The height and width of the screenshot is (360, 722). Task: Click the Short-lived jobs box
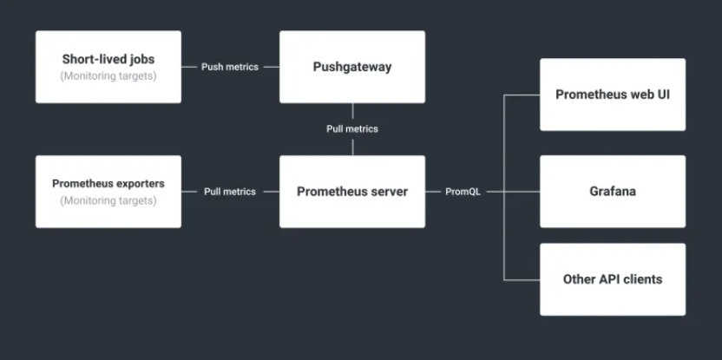108,67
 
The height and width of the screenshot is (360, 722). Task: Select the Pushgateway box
351,67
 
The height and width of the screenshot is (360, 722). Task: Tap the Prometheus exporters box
108,192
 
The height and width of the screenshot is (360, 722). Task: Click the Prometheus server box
351,192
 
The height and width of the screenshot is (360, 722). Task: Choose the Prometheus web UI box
613,95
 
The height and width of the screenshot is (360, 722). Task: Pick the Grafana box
613,192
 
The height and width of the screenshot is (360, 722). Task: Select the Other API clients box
613,279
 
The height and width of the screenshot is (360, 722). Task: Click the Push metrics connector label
230,67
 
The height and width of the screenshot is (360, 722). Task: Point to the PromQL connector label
463,192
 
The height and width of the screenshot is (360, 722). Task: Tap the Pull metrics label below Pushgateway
352,129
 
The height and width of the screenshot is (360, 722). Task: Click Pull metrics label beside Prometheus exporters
230,192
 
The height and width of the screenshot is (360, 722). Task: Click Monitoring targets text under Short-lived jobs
108,76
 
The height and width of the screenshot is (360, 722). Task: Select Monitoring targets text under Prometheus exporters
108,201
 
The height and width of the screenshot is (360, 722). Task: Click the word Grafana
613,192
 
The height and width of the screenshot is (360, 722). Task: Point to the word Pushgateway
352,67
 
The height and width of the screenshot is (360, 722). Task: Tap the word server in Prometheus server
385,192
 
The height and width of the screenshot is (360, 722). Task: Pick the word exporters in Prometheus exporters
138,184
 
